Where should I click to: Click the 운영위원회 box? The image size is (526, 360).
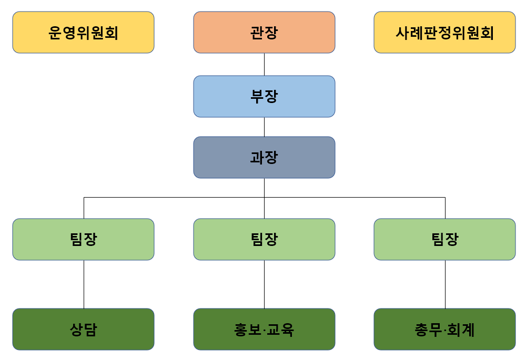[x=83, y=33]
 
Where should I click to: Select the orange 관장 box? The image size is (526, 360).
[x=264, y=33]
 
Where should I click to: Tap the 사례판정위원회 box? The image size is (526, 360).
[x=444, y=33]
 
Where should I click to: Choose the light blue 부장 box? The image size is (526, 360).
[x=264, y=96]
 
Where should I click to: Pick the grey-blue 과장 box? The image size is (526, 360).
[x=264, y=157]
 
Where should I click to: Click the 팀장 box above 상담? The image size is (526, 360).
[x=83, y=239]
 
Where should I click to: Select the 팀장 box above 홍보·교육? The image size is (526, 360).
[x=264, y=239]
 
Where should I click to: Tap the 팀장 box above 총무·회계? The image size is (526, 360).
[x=444, y=239]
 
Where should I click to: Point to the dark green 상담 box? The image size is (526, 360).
[x=83, y=329]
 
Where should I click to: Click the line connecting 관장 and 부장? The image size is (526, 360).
[x=264, y=64]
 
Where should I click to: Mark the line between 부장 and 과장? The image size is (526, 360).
[x=264, y=127]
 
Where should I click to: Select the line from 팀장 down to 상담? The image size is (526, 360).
[x=84, y=284]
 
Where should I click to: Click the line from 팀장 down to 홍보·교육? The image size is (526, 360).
[x=264, y=284]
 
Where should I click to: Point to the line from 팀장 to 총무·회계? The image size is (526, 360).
[x=445, y=284]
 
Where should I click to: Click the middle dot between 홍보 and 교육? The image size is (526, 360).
[x=264, y=330]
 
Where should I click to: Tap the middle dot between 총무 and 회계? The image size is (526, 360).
[x=445, y=330]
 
